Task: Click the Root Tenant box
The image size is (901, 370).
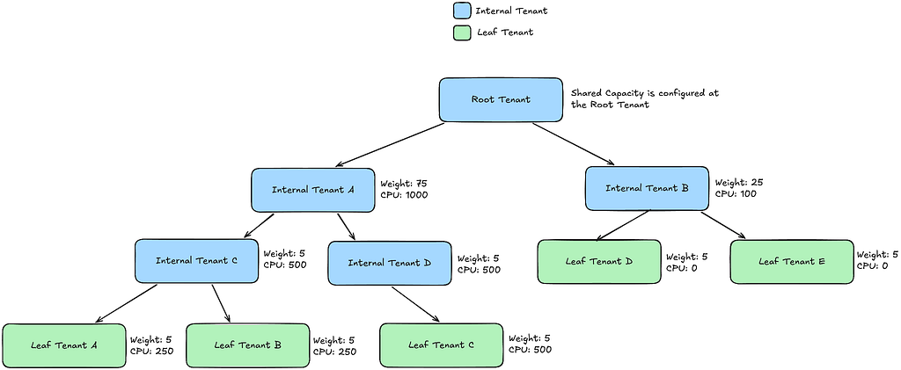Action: pyautogui.click(x=501, y=100)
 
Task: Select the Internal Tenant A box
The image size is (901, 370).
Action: pyautogui.click(x=312, y=190)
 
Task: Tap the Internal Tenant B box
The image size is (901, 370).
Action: pyautogui.click(x=647, y=188)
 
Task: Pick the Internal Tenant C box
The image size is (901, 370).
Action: pyautogui.click(x=196, y=261)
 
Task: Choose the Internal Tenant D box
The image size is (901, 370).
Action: pyautogui.click(x=390, y=264)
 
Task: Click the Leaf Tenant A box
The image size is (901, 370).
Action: pyautogui.click(x=63, y=345)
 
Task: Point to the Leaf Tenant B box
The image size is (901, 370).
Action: pyautogui.click(x=247, y=345)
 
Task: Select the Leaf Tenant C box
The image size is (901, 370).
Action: pyautogui.click(x=442, y=345)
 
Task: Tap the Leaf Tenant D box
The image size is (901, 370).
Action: pyautogui.click(x=598, y=262)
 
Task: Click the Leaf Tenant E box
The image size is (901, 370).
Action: pyautogui.click(x=792, y=262)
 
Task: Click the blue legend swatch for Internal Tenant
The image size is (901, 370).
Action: pyautogui.click(x=462, y=11)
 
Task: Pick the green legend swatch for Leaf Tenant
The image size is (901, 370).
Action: pyautogui.click(x=462, y=33)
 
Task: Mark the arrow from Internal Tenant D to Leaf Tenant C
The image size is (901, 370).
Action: pyautogui.click(x=416, y=304)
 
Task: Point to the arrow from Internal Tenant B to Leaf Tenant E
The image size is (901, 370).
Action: pyautogui.click(x=723, y=225)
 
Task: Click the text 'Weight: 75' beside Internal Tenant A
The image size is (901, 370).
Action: pyautogui.click(x=403, y=184)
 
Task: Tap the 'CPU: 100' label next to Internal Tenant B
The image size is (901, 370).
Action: pyautogui.click(x=736, y=194)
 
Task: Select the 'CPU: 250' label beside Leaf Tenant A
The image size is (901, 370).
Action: pyautogui.click(x=151, y=351)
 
